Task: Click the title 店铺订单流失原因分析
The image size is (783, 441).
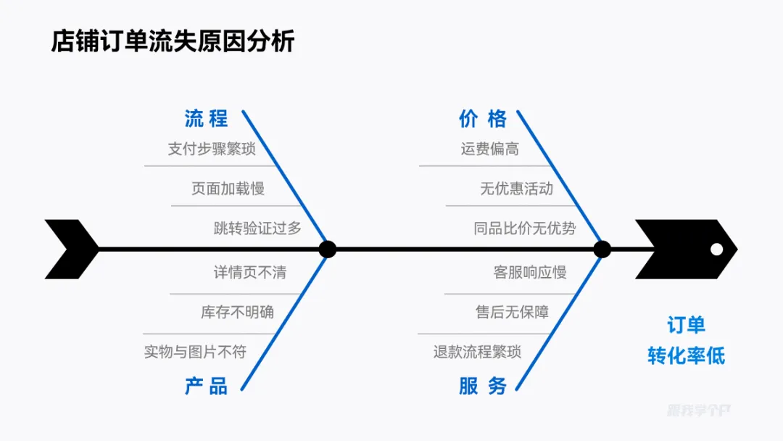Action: click(x=173, y=41)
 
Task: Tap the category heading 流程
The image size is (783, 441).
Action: click(x=206, y=118)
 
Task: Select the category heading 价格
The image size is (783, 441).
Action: click(x=483, y=118)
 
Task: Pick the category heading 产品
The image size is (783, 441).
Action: click(x=206, y=386)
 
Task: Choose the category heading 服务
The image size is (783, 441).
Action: click(x=483, y=386)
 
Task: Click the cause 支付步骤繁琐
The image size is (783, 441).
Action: click(x=212, y=149)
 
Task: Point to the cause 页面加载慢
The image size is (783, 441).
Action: click(x=228, y=189)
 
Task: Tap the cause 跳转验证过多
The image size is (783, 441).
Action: click(x=257, y=228)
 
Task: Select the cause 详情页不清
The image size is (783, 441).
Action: click(x=249, y=273)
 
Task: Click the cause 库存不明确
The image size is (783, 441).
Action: click(x=237, y=313)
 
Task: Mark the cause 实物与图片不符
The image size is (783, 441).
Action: click(x=195, y=353)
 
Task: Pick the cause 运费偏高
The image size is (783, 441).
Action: click(x=489, y=149)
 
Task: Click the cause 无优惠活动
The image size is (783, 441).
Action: click(x=516, y=189)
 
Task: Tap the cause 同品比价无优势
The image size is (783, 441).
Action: click(x=524, y=228)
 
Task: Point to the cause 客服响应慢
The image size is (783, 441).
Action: click(x=530, y=273)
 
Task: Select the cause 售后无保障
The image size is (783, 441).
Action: click(x=512, y=313)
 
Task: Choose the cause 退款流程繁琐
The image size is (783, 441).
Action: click(x=477, y=353)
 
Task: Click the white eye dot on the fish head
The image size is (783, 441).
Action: click(x=717, y=250)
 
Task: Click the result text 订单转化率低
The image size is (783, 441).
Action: click(x=686, y=340)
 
